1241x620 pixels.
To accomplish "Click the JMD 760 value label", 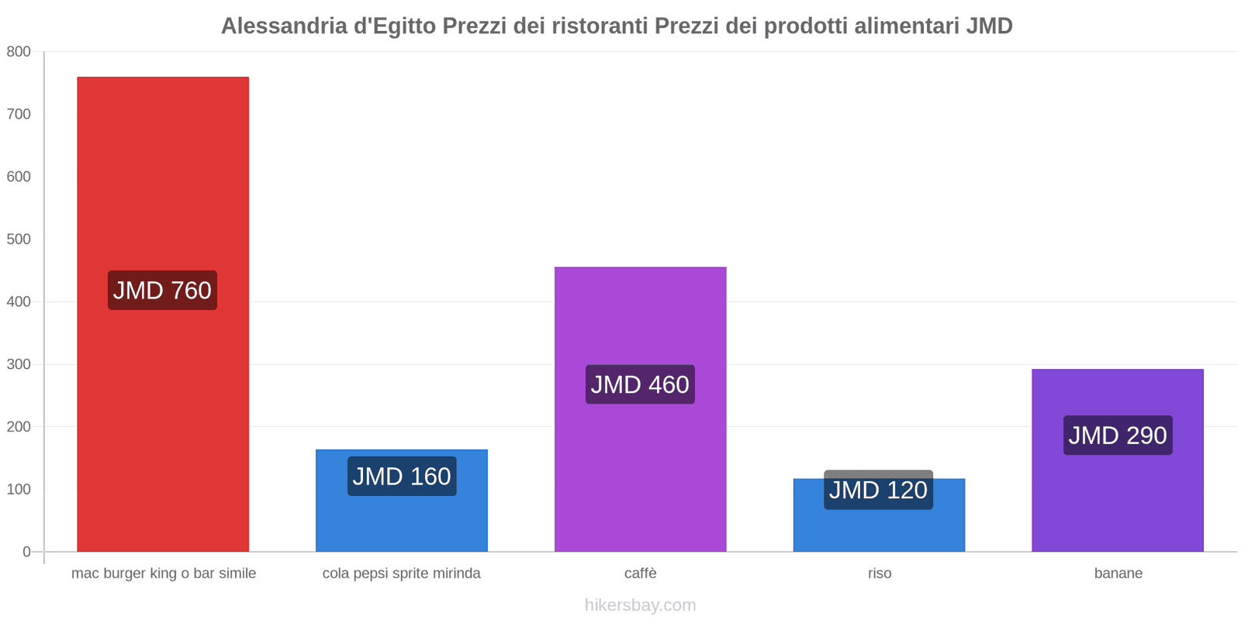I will point(162,291).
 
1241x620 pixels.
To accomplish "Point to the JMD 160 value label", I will point(401,477).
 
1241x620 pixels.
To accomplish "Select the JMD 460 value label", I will point(640,384).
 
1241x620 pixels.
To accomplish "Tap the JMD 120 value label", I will point(878,491).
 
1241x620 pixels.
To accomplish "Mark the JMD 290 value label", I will point(1117,436).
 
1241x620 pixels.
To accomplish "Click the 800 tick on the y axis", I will point(19,52).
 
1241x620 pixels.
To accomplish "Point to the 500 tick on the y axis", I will point(19,239).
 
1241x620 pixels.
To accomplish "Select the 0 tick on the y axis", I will point(26,552).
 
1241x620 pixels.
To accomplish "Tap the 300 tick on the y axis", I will point(19,364).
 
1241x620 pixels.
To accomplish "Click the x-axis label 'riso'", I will point(880,573).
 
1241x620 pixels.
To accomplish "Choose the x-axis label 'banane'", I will point(1118,573).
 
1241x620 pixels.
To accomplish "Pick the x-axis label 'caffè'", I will point(640,573).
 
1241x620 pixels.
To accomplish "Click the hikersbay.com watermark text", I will point(640,605).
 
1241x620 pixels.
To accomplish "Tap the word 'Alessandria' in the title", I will point(284,26).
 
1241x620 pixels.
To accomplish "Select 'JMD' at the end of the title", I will point(989,26).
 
